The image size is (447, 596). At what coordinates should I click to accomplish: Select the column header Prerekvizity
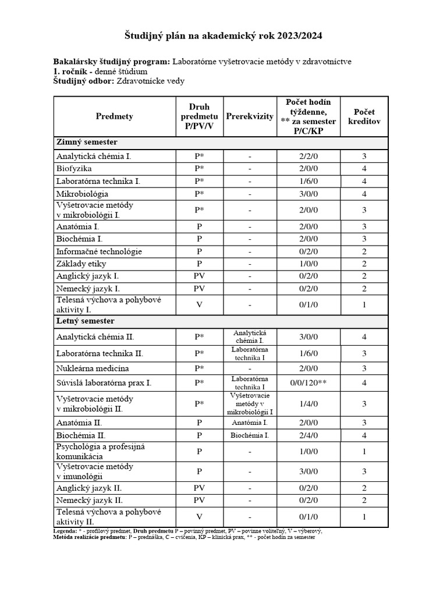[x=250, y=116]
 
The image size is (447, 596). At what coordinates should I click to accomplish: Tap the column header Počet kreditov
[x=364, y=116]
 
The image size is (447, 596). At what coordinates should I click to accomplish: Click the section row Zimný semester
[x=87, y=142]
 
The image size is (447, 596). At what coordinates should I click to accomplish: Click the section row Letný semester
[x=86, y=321]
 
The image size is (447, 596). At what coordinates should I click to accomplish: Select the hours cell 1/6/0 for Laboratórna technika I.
[x=308, y=181]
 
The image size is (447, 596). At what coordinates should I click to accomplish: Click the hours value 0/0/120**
[x=308, y=383]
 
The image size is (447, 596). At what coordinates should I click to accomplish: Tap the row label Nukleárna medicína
[x=93, y=368]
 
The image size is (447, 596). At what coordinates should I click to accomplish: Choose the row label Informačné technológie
[x=99, y=251]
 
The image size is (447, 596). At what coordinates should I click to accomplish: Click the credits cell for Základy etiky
[x=364, y=264]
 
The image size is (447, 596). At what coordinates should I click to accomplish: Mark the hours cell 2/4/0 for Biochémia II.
[x=308, y=435]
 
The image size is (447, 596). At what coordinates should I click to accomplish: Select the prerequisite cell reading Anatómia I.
[x=250, y=423]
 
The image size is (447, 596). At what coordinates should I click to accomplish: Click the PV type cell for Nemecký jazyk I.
[x=199, y=289]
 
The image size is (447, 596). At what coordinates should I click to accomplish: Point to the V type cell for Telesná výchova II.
[x=199, y=516]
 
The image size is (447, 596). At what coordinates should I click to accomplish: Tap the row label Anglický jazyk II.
[x=89, y=488]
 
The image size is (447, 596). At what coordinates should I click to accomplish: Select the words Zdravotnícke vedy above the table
[x=151, y=81]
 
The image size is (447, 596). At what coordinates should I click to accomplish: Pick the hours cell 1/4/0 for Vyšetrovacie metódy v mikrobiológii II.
[x=308, y=403]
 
